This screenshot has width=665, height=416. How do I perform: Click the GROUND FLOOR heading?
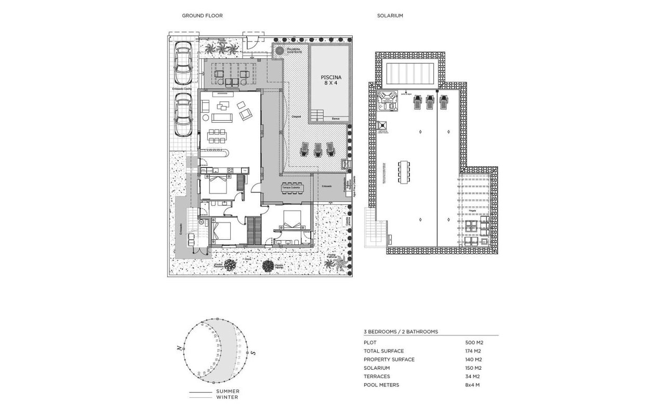tap(202, 16)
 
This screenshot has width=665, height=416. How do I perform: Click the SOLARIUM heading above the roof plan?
tap(390, 16)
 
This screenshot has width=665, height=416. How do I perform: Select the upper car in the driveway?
tap(182, 63)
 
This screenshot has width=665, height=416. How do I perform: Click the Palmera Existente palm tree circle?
tap(280, 50)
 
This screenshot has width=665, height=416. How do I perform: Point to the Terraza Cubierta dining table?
tap(292, 187)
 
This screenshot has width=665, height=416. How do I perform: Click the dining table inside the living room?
tap(217, 137)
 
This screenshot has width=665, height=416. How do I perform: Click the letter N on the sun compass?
tap(179, 348)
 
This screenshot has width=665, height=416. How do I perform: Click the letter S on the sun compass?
tap(253, 353)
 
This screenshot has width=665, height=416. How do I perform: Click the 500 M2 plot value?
tap(474, 343)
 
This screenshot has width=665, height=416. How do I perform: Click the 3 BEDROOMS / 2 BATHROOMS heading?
tap(401, 331)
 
